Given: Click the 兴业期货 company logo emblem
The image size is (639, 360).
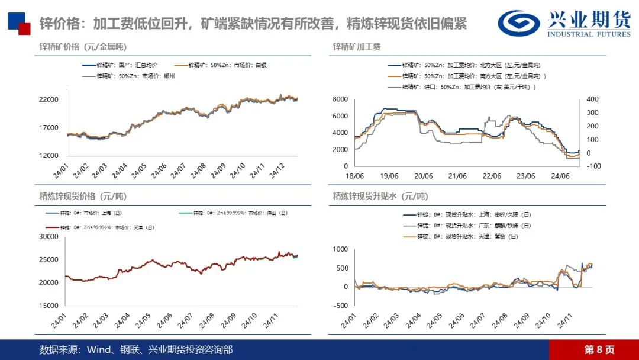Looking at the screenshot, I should [x=518, y=22].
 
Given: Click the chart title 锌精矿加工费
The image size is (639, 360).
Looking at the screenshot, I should [x=356, y=46].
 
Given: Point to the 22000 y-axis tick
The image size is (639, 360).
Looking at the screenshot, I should [x=49, y=99].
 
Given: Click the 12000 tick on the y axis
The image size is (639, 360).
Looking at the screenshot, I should [x=49, y=155].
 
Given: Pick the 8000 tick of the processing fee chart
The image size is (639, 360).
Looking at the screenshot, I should [x=340, y=99].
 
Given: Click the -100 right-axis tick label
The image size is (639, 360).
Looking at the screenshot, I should [x=594, y=166].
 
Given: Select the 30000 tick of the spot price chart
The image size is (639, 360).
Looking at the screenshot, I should [x=49, y=236].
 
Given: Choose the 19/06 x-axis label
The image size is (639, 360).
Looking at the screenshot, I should [x=388, y=176].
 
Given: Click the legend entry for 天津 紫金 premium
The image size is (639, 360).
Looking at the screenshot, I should [x=467, y=236].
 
